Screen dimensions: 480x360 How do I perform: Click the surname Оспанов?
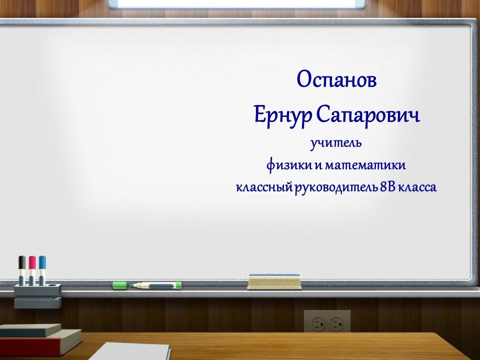pos(336,79)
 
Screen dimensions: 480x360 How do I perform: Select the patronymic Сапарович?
pos(368,115)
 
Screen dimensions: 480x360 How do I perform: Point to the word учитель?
pos(336,143)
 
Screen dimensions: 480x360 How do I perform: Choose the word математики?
pos(365,165)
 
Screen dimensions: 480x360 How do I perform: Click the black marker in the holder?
pos(22,270)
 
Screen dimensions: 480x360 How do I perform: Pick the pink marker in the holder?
pos(32,270)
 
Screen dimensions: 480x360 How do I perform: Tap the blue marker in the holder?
pos(42,270)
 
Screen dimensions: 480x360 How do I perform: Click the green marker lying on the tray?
pos(155,285)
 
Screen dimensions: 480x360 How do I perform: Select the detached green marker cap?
pos(119,285)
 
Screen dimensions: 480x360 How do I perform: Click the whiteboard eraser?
pos(274,281)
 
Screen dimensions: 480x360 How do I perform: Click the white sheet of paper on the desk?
pos(130,351)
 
